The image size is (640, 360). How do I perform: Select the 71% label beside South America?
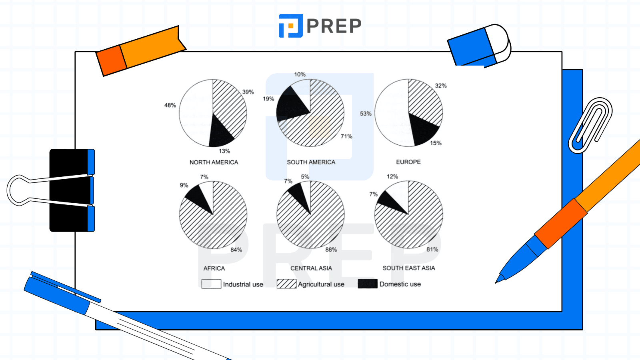click(346, 136)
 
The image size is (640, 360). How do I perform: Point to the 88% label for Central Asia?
click(331, 250)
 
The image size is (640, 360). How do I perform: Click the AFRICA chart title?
click(214, 268)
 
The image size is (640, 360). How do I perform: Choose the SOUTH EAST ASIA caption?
click(408, 268)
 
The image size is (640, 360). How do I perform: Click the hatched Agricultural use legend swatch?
click(286, 284)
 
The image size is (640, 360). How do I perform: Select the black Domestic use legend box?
click(368, 284)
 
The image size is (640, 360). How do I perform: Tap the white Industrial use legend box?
click(211, 284)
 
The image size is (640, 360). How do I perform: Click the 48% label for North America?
click(170, 105)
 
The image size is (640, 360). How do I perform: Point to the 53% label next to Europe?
click(366, 114)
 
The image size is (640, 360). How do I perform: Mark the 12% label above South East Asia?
click(392, 176)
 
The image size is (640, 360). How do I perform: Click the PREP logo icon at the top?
click(290, 26)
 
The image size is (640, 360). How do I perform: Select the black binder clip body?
click(70, 190)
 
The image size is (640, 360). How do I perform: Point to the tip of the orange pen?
click(498, 281)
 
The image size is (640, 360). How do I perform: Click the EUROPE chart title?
click(408, 162)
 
